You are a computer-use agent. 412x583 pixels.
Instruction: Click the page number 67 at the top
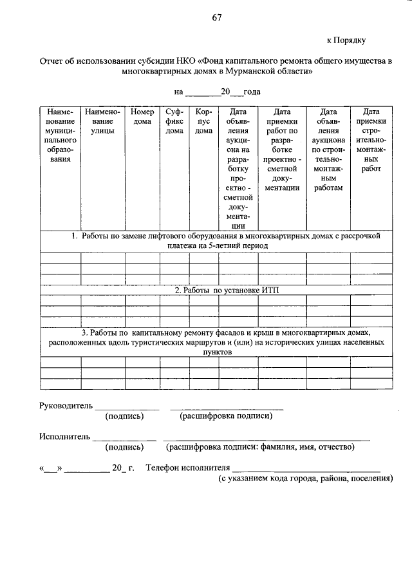click(217, 17)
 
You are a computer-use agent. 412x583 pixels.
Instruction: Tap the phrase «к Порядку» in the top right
click(346, 40)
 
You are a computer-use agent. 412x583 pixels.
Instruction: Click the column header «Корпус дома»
click(203, 121)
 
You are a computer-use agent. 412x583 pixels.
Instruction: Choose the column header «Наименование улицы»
click(102, 121)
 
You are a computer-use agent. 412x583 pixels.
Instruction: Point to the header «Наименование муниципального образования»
click(60, 135)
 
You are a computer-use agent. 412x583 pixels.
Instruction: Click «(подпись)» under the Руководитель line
click(124, 416)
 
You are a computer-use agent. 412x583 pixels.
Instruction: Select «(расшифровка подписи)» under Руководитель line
click(225, 416)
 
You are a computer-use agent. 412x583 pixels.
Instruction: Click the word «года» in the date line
click(248, 92)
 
